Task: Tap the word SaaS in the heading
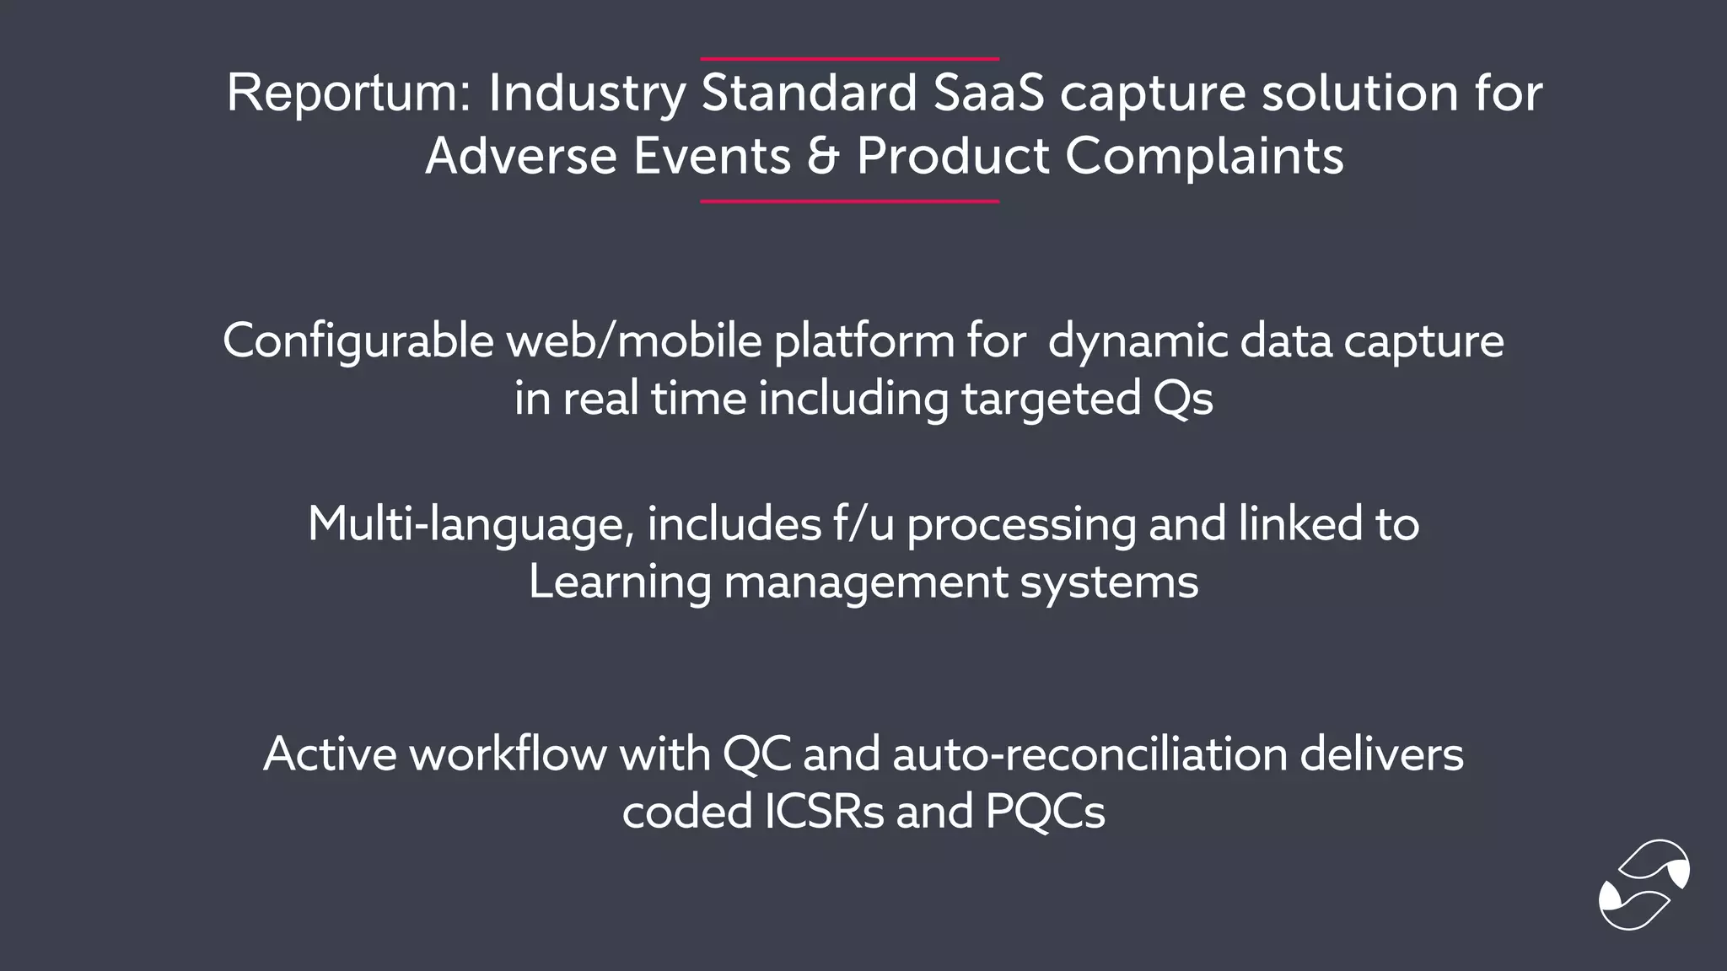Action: pyautogui.click(x=988, y=93)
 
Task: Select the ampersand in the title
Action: pyautogui.click(x=823, y=156)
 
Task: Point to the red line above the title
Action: pyautogui.click(x=849, y=59)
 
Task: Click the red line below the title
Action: pyautogui.click(x=849, y=201)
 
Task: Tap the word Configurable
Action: pyautogui.click(x=358, y=341)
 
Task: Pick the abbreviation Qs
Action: pyautogui.click(x=1182, y=398)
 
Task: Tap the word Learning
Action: pyautogui.click(x=619, y=582)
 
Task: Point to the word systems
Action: pyautogui.click(x=1109, y=582)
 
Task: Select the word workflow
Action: pyautogui.click(x=508, y=754)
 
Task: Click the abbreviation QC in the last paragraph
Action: pyautogui.click(x=756, y=754)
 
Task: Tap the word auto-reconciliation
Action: pyautogui.click(x=1089, y=754)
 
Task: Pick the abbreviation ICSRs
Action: pyautogui.click(x=824, y=811)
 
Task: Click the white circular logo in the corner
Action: pyautogui.click(x=1644, y=884)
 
